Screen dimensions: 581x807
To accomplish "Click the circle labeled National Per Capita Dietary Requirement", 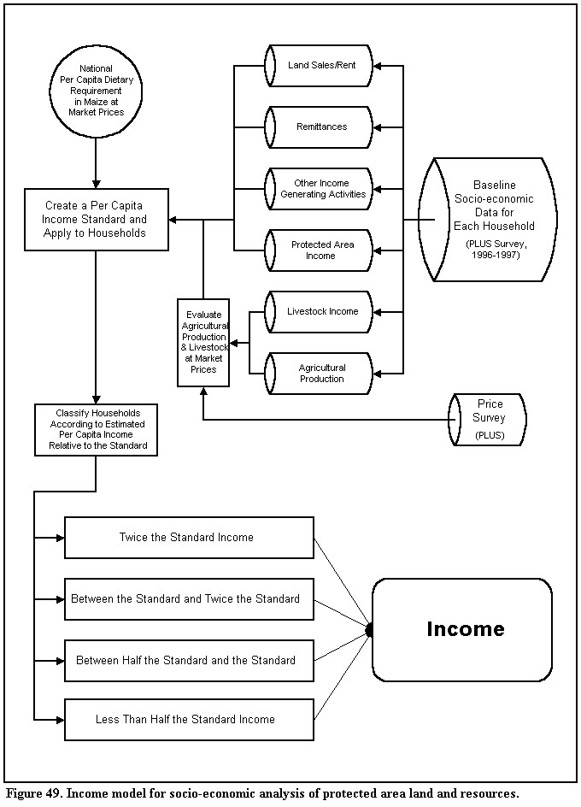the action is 96,91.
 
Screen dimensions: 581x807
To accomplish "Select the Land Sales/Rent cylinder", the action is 318,65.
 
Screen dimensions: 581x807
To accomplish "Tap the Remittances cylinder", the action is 318,127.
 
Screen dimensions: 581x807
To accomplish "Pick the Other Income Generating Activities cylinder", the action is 318,189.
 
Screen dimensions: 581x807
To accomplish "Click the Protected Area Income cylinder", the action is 318,250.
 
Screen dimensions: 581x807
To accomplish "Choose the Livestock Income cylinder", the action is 318,312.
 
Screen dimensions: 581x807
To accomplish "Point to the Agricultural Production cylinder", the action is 318,373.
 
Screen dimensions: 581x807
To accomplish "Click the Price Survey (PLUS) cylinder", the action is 487,420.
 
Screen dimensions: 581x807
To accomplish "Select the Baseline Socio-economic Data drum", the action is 487,220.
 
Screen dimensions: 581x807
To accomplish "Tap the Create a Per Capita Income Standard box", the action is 97,220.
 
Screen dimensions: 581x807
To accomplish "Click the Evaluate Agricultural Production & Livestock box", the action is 203,342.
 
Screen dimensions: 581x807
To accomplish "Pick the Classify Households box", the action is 97,430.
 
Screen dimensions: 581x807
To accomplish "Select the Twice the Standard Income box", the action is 189,538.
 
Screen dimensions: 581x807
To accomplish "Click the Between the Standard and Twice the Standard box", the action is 189,599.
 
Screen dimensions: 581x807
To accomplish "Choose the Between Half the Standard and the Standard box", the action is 189,661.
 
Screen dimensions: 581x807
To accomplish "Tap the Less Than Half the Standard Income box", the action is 189,720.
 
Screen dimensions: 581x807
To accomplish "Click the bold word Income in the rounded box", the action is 466,629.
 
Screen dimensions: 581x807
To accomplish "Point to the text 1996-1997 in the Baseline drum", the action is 496,255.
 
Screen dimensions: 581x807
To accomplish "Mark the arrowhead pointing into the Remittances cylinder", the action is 377,127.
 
